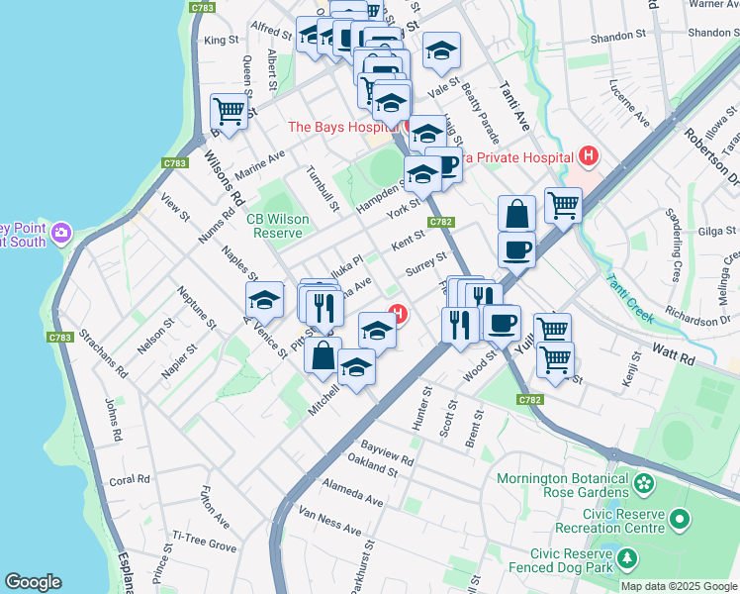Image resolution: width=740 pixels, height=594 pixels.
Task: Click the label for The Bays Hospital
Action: pos(342,127)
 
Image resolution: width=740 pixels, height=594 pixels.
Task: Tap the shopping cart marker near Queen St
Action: pos(229,112)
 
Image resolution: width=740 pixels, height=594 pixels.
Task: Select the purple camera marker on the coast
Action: pos(62,233)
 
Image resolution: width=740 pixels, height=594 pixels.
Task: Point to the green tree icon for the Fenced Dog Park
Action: pos(627,561)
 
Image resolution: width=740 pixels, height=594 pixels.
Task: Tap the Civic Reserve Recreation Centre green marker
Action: pos(679,519)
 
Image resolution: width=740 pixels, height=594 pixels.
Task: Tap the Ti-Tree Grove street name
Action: pos(205,541)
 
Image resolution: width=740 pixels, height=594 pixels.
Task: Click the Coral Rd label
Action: pos(130,480)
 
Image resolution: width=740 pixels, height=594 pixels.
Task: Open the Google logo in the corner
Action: pos(34,582)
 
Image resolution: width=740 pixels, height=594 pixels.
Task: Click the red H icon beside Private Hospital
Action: pos(589,155)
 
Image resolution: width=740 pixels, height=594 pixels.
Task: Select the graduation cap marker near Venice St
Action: pos(264,299)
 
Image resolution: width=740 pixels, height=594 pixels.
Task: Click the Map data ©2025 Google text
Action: pos(678,586)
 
